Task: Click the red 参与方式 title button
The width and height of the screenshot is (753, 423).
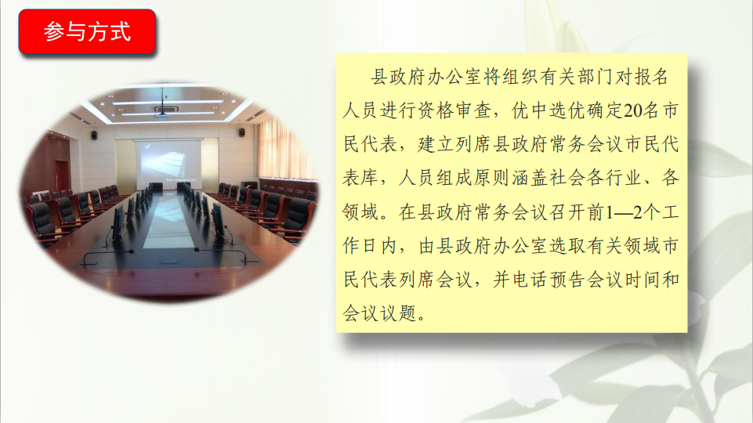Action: [x=87, y=31]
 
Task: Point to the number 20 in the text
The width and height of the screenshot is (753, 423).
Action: [x=633, y=111]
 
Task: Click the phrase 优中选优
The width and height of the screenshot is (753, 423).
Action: [x=548, y=111]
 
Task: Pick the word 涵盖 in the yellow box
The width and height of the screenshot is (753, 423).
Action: [x=530, y=178]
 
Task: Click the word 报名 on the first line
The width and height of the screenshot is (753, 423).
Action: [x=651, y=77]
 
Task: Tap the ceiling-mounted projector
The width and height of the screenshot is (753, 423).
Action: [x=162, y=112]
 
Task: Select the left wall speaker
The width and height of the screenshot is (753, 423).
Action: [x=95, y=136]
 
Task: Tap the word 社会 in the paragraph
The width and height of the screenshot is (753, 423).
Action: [x=567, y=178]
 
